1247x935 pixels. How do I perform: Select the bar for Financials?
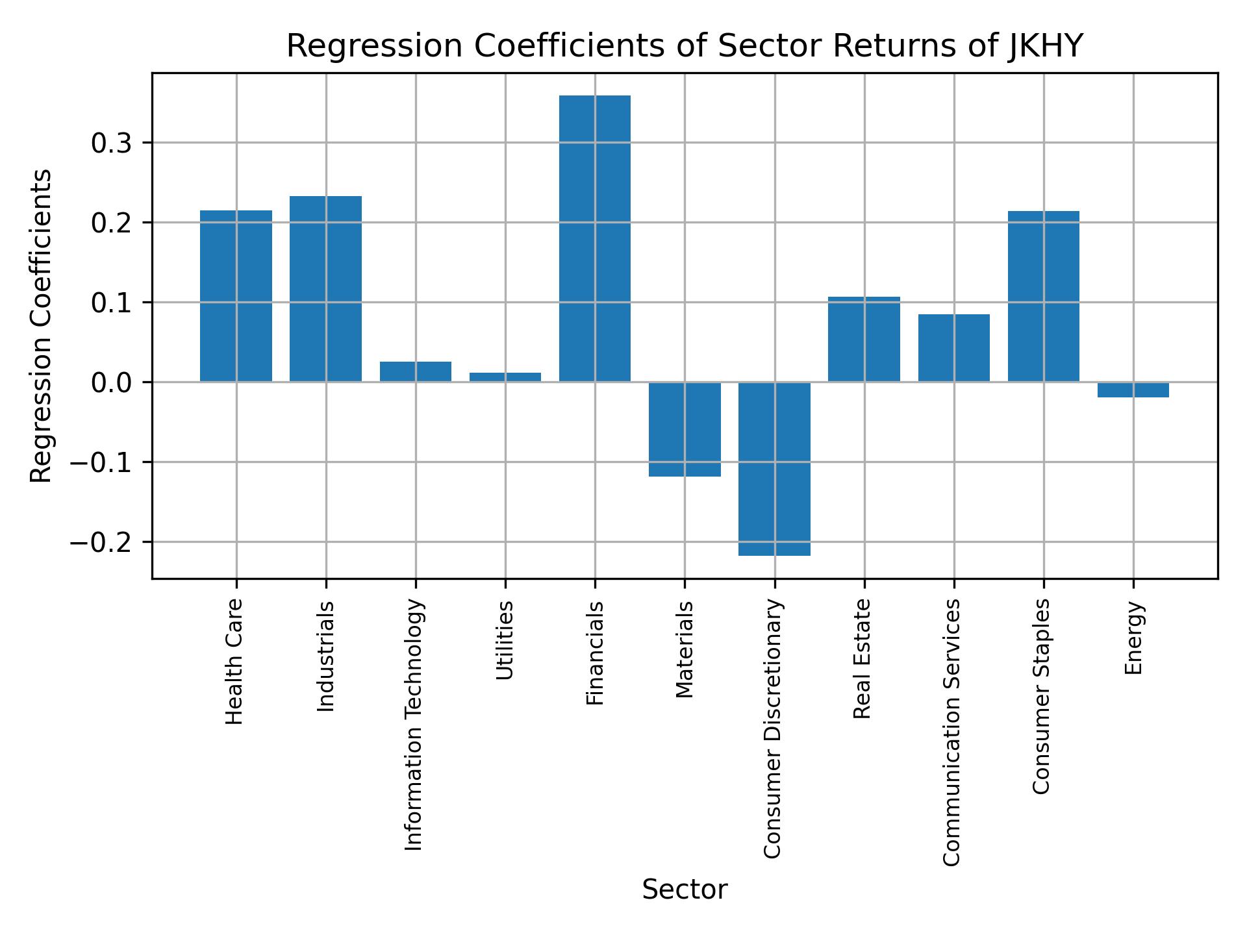(594, 238)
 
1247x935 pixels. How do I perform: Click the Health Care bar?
(236, 295)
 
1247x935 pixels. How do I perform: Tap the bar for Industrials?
(325, 288)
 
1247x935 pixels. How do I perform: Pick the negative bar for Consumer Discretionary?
(774, 468)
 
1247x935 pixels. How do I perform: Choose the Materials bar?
(685, 429)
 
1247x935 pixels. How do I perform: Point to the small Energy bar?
(1133, 390)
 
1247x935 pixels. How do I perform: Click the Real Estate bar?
(864, 339)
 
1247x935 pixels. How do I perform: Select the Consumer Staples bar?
(1043, 296)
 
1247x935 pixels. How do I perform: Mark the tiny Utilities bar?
(505, 377)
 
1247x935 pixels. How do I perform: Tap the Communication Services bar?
(953, 348)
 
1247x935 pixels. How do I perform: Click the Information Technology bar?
(415, 371)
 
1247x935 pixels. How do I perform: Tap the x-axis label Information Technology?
(414, 724)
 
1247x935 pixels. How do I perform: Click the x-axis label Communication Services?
(951, 732)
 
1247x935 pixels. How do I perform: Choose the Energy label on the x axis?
(1133, 638)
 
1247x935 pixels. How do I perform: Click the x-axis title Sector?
(684, 890)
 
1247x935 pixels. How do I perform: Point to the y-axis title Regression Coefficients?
(41, 326)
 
